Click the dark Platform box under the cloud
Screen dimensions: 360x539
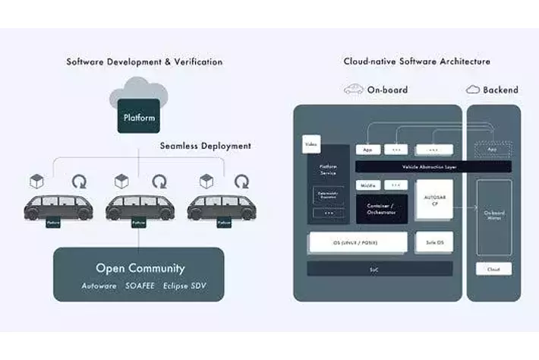[x=139, y=118]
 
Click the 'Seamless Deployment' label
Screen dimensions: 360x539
[x=205, y=146]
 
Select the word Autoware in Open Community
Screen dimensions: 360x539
[x=99, y=286]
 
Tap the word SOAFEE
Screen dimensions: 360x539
[x=140, y=286]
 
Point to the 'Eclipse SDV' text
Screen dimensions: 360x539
[x=184, y=286]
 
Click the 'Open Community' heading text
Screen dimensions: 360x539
[x=140, y=268]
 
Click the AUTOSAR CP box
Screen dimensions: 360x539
[x=434, y=201]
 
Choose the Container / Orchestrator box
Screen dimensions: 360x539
[x=381, y=209]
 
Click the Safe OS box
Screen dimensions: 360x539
[x=434, y=243]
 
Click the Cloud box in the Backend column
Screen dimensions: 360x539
[x=493, y=269]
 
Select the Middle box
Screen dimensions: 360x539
[x=367, y=185]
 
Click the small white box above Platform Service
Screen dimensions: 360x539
[x=310, y=144]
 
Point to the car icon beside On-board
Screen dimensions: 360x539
[x=353, y=90]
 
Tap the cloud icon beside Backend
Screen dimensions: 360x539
[x=472, y=90]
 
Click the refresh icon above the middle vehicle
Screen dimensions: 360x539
[x=159, y=182]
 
